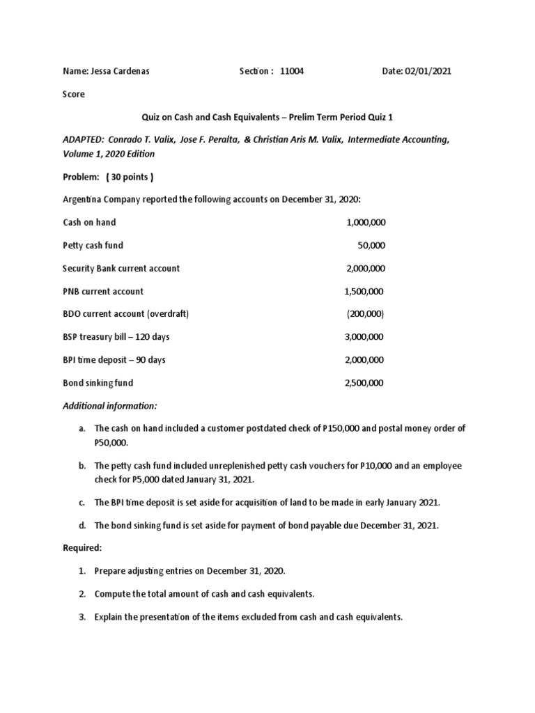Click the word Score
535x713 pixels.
(x=74, y=94)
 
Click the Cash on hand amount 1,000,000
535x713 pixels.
(x=366, y=222)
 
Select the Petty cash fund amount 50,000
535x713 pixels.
(x=372, y=245)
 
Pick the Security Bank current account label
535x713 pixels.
(x=121, y=268)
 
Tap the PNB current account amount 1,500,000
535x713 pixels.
(x=364, y=291)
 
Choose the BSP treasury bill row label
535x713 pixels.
(x=116, y=337)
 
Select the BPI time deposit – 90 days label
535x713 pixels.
(x=114, y=360)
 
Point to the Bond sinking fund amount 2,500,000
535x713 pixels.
(x=364, y=383)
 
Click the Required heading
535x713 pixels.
(x=82, y=548)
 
